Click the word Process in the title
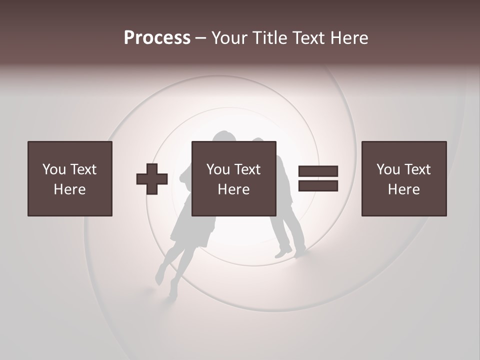pyautogui.click(x=157, y=38)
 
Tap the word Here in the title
pyautogui.click(x=348, y=38)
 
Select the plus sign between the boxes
pyautogui.click(x=152, y=179)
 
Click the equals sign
pyautogui.click(x=318, y=178)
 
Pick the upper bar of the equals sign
pyautogui.click(x=318, y=171)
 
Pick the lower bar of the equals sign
pyautogui.click(x=318, y=186)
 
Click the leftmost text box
pyautogui.click(x=70, y=178)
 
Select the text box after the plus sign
pyautogui.click(x=234, y=178)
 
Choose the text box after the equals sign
pyautogui.click(x=404, y=178)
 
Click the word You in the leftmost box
pyautogui.click(x=54, y=169)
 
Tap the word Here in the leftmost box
pyautogui.click(x=70, y=189)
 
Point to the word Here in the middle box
pyautogui.click(x=234, y=189)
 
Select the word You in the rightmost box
pyautogui.click(x=388, y=169)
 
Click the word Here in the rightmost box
pyautogui.click(x=404, y=189)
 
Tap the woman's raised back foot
pyautogui.click(x=160, y=275)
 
